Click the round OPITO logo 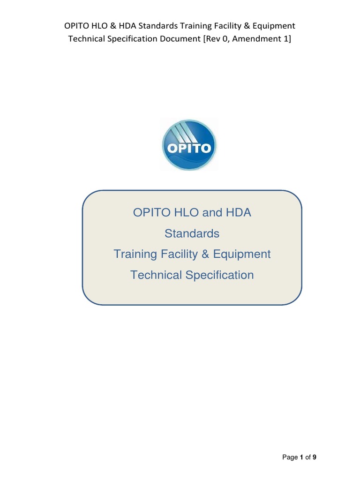189,145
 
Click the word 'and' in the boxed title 211,212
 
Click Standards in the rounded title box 192,233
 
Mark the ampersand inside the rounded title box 205,254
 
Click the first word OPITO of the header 77,26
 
